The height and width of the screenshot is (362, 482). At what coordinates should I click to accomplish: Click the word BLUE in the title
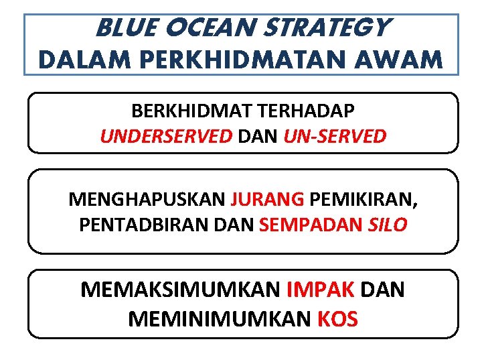(x=124, y=28)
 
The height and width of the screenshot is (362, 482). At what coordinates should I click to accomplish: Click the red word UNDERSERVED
(x=165, y=136)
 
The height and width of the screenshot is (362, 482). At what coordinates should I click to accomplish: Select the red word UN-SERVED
(x=335, y=136)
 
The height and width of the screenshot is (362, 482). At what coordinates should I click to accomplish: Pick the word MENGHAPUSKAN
(x=147, y=199)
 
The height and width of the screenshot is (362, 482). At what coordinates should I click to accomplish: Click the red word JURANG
(x=267, y=199)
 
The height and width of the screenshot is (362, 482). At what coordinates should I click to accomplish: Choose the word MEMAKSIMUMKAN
(x=180, y=290)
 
